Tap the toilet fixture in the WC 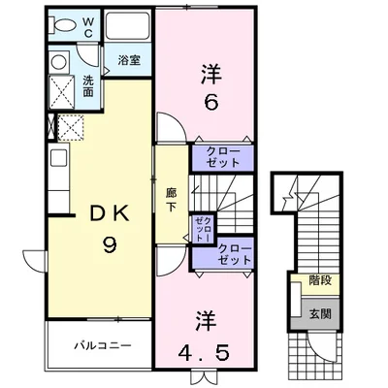click(60, 26)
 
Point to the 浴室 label click(129, 59)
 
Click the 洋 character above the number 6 click(210, 71)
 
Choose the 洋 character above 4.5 click(209, 319)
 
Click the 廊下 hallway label click(171, 199)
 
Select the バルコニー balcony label click(101, 344)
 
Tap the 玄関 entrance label click(318, 312)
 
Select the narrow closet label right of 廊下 click(202, 229)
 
